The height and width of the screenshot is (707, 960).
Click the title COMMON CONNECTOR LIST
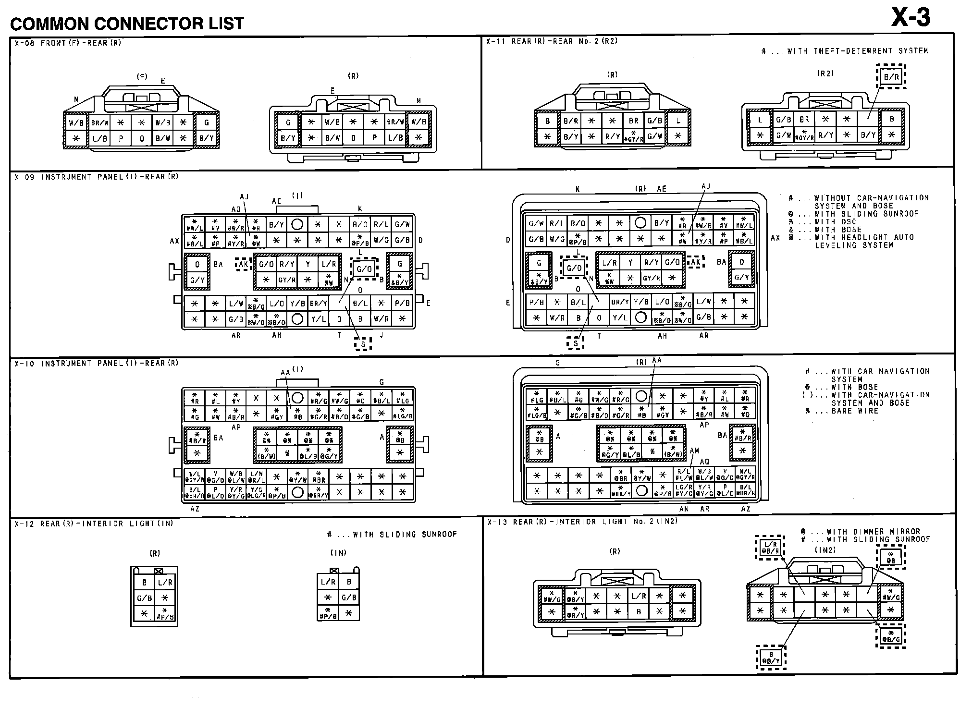click(127, 24)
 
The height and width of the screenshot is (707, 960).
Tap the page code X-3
click(911, 18)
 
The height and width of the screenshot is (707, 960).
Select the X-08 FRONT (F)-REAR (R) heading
click(68, 43)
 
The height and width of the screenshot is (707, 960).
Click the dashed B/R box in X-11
click(891, 77)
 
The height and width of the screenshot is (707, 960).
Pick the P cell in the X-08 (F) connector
click(121, 138)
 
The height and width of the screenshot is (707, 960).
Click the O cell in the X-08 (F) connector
click(142, 138)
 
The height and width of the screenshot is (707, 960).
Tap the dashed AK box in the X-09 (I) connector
click(243, 264)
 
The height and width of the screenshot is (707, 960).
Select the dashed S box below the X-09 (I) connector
click(363, 344)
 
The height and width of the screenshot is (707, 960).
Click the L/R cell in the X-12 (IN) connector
click(328, 582)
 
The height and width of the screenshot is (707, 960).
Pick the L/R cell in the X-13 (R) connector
click(638, 596)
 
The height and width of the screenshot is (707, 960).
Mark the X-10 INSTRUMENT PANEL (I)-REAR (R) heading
click(96, 363)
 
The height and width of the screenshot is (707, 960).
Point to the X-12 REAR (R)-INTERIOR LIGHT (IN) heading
click(94, 524)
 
